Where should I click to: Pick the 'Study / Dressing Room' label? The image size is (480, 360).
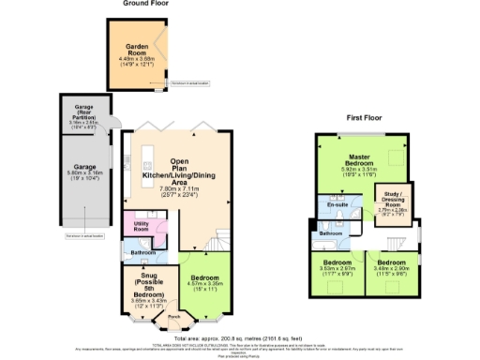[393, 201]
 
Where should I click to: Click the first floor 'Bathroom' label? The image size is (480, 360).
[330, 232]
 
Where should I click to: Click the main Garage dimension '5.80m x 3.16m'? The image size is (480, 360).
[82, 198]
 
